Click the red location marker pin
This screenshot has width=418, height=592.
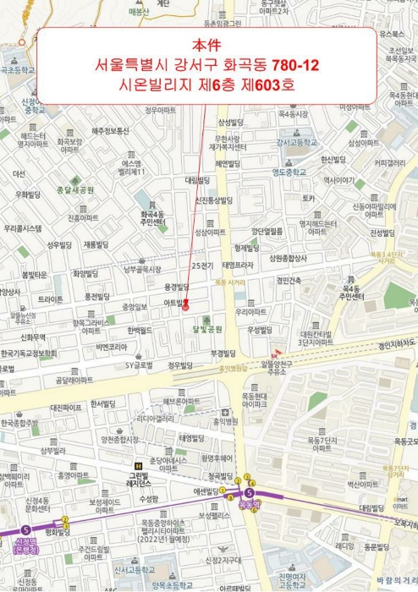click(186, 307)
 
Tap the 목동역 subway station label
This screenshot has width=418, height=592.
click(248, 502)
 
